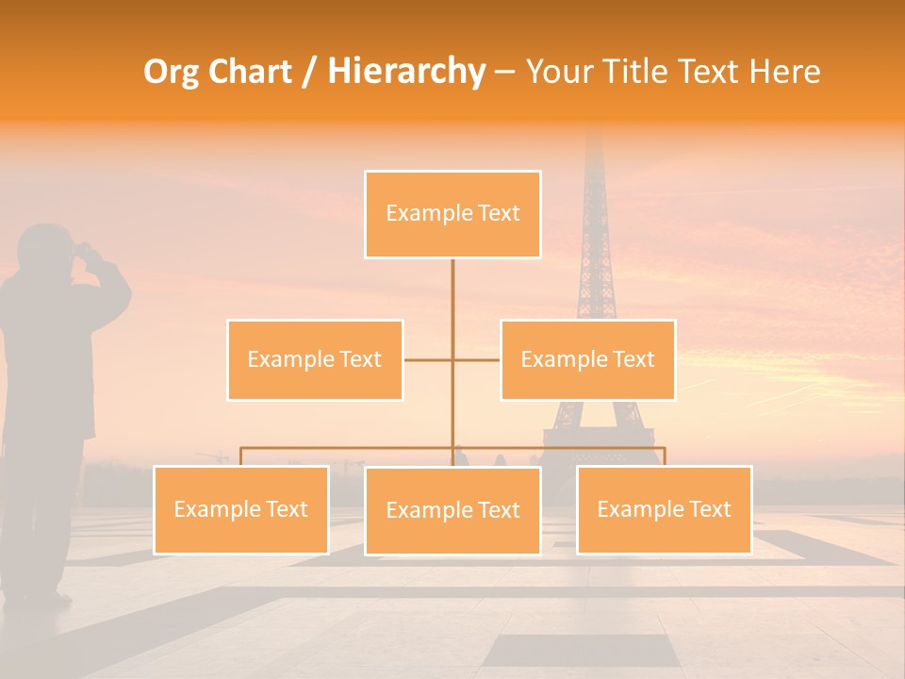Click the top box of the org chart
click(452, 214)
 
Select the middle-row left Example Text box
click(315, 359)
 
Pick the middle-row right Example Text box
click(587, 359)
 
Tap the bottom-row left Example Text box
click(240, 509)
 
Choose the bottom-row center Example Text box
click(452, 510)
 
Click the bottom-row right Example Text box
click(664, 509)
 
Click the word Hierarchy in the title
click(406, 72)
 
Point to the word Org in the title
click(173, 72)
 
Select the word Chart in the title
click(252, 72)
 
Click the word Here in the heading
click(784, 72)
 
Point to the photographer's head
click(45, 247)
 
